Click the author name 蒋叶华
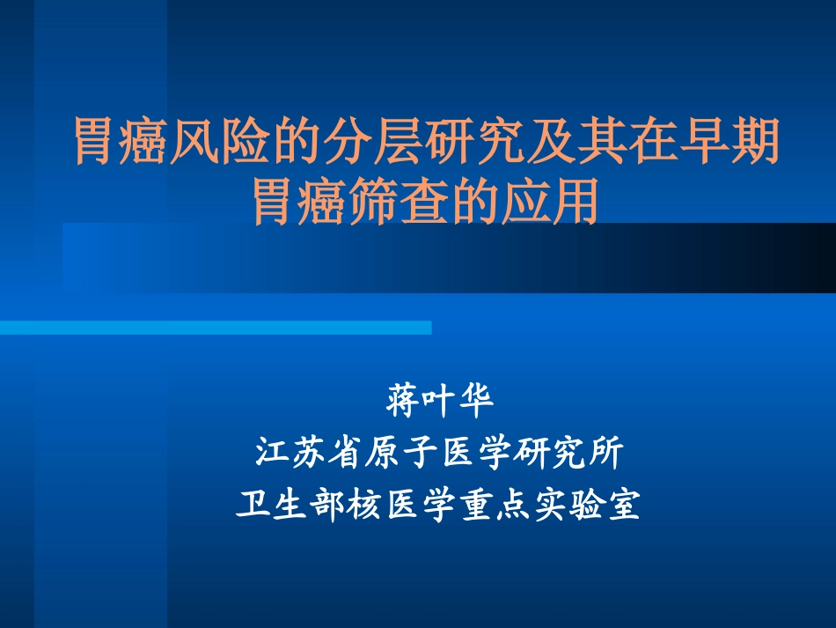[440, 402]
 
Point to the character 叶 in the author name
[440, 402]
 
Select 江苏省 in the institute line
[310, 454]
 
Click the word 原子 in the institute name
[402, 454]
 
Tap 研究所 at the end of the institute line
[569, 454]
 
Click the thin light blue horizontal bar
[216, 328]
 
